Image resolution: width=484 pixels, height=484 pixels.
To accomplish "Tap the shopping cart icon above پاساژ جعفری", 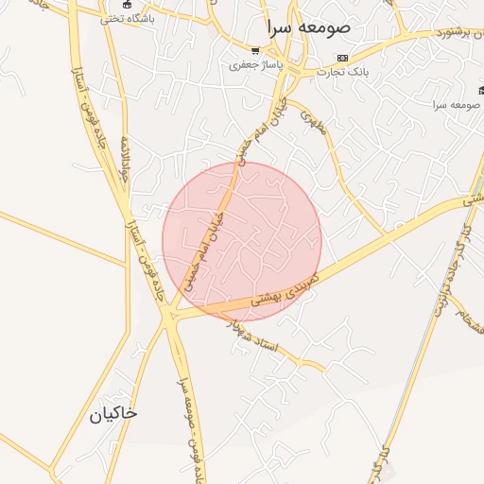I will coord(255,51).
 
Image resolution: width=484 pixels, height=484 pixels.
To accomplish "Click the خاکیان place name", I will coord(113,414).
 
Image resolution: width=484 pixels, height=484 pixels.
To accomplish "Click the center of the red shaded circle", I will coord(242,241).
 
